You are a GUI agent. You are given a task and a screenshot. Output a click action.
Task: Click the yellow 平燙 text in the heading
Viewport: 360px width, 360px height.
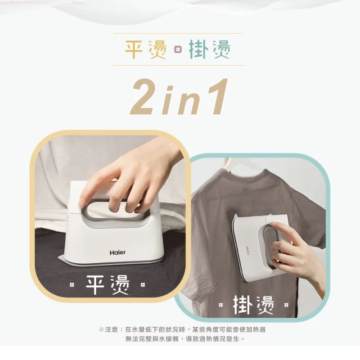click(x=146, y=49)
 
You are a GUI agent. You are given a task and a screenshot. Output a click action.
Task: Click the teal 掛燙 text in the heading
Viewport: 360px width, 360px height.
click(x=210, y=49)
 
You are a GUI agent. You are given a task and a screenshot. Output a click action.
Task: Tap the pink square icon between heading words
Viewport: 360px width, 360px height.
click(x=178, y=49)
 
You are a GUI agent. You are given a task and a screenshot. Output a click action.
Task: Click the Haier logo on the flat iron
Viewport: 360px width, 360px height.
click(x=118, y=253)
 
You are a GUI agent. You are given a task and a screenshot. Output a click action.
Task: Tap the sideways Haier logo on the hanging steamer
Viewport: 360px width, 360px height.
click(x=247, y=250)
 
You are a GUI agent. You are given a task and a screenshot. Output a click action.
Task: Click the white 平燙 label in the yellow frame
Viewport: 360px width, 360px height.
click(x=107, y=285)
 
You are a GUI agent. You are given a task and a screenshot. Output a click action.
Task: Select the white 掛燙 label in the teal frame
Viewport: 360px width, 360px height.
click(x=254, y=305)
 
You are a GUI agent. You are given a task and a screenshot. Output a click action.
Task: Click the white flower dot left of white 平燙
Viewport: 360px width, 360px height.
click(x=72, y=285)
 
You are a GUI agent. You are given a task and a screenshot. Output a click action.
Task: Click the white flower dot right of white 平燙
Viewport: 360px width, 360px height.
click(x=143, y=285)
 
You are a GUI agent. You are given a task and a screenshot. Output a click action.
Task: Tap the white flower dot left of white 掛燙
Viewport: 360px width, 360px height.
click(x=220, y=305)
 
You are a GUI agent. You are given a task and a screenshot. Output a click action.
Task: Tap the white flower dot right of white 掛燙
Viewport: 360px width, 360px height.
click(x=286, y=305)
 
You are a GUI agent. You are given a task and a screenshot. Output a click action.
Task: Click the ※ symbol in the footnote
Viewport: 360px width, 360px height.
click(x=101, y=330)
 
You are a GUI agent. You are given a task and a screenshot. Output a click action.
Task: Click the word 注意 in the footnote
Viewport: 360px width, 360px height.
click(x=111, y=330)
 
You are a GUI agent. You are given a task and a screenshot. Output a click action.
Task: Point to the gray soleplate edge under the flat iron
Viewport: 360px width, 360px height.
click(x=110, y=263)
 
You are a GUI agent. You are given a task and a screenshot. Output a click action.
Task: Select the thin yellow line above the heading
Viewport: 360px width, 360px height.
click(x=178, y=34)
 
